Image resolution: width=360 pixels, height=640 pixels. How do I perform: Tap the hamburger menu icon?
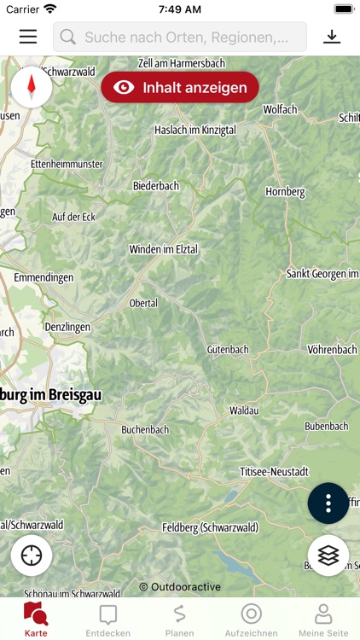click(x=28, y=37)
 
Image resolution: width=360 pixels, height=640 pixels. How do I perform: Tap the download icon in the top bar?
click(x=332, y=37)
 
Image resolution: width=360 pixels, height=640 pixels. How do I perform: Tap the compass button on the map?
click(x=32, y=86)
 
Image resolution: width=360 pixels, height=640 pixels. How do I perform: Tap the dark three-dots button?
click(x=328, y=503)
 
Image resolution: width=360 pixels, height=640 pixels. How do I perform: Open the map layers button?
click(x=328, y=556)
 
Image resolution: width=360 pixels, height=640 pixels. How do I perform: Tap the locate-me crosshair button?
click(x=32, y=556)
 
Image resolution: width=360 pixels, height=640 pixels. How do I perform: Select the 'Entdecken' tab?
click(x=108, y=620)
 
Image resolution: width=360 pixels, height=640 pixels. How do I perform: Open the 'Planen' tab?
click(x=179, y=620)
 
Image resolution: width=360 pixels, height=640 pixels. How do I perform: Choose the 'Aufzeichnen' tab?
click(x=251, y=620)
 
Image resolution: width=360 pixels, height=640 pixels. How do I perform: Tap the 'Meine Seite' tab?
click(x=323, y=620)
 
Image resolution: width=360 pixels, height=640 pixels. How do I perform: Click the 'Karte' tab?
click(x=36, y=620)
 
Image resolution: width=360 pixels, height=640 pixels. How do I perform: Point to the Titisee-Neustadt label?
click(x=274, y=471)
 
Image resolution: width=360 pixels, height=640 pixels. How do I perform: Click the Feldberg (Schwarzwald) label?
click(x=210, y=528)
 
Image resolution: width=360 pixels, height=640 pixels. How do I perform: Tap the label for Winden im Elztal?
click(x=163, y=249)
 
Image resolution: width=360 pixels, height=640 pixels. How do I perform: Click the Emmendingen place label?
click(x=44, y=277)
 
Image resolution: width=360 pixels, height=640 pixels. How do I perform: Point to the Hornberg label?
click(x=285, y=192)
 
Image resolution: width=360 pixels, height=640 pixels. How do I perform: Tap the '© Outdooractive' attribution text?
click(x=180, y=587)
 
